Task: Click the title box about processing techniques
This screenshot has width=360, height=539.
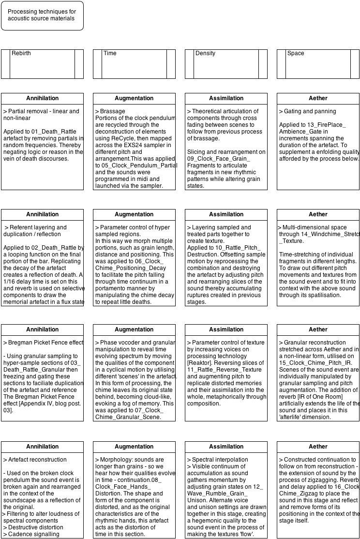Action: tap(42, 15)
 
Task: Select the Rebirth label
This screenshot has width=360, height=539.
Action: tap(21, 53)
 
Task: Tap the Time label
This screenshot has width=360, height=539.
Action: tap(110, 53)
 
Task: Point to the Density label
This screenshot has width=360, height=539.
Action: tap(205, 53)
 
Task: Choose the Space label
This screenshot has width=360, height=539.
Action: tap(296, 53)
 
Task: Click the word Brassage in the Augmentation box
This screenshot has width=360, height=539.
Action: tap(112, 111)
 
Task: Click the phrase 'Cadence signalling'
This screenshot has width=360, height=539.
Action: tap(34, 534)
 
